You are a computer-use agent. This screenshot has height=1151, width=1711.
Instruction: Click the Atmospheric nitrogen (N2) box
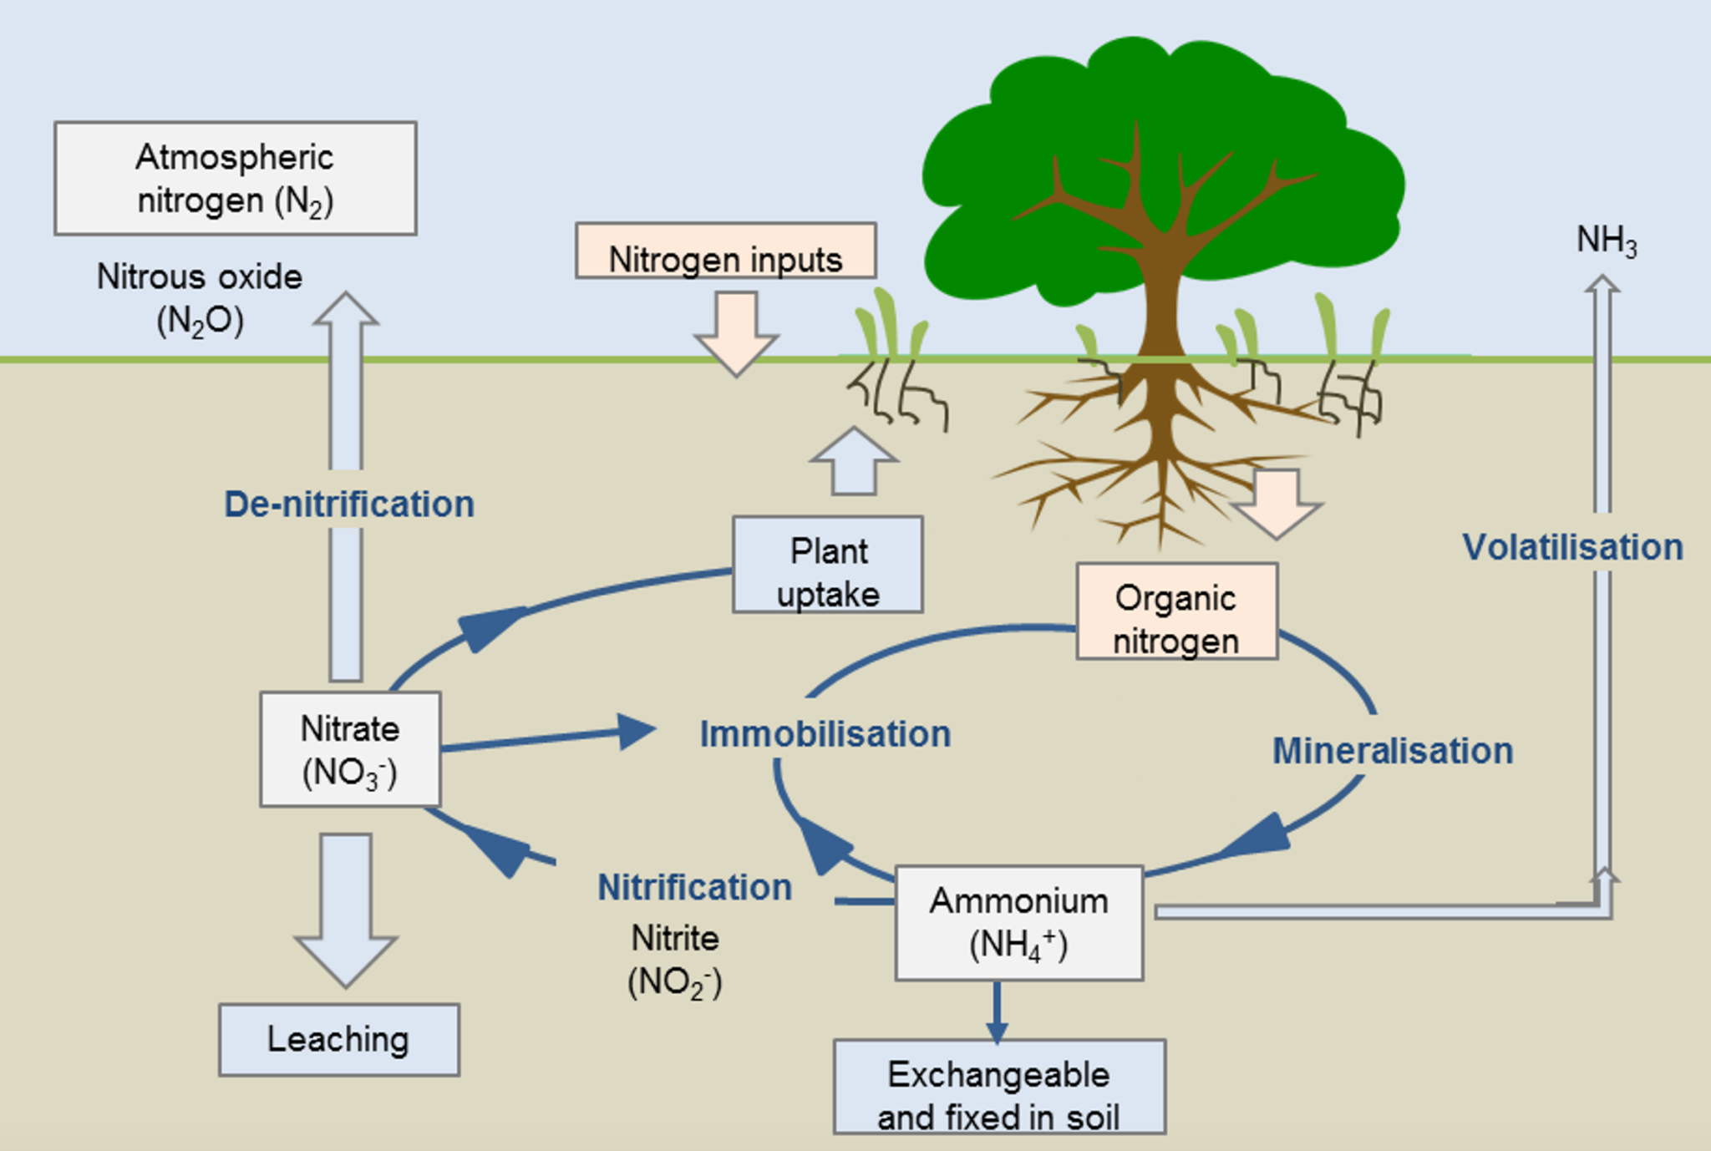tap(235, 178)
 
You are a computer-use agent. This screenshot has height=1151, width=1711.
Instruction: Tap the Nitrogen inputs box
tap(725, 251)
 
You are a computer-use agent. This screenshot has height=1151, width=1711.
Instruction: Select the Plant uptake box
tap(827, 565)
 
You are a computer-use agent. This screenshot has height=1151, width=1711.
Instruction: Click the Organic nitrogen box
tap(1176, 611)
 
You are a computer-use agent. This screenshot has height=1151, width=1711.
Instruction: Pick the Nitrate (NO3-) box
tap(350, 749)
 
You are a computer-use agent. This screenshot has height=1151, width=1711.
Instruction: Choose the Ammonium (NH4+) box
tap(1018, 923)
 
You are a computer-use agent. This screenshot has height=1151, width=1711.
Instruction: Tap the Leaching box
tap(338, 1040)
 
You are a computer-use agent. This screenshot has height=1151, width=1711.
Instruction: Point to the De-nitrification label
tap(349, 505)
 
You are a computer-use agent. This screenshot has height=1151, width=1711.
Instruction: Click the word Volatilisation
tap(1572, 548)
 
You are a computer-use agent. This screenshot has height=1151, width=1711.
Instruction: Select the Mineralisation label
tap(1393, 751)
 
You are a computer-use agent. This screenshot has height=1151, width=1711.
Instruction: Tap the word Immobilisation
tap(825, 734)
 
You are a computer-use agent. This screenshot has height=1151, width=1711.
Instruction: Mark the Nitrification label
tap(694, 887)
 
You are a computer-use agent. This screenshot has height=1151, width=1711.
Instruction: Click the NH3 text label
tap(1606, 241)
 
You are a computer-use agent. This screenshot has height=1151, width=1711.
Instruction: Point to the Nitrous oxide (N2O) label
tap(200, 298)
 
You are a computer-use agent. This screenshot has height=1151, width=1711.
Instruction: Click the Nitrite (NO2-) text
tap(675, 960)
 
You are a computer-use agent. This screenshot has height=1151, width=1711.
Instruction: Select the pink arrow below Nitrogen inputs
tap(736, 332)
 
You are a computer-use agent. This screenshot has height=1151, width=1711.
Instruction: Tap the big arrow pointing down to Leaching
tap(345, 906)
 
